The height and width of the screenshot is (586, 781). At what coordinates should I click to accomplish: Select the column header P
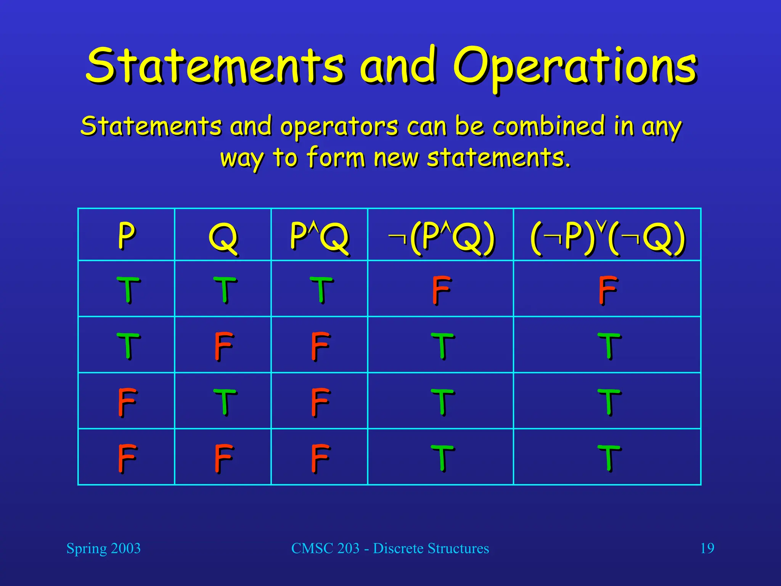coord(126,235)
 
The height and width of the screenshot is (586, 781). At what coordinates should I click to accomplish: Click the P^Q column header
coord(319,237)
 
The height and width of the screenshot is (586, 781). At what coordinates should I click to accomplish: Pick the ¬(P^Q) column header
coord(441,237)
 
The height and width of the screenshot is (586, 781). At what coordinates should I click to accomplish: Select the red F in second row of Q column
coord(223,346)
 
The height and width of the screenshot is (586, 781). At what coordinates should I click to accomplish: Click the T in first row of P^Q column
coord(321,290)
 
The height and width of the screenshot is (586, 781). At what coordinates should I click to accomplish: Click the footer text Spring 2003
coord(103,548)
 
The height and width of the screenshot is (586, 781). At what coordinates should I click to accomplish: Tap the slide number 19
coord(707,548)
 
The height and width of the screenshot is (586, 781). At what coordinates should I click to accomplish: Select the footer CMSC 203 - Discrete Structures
coord(390,548)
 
